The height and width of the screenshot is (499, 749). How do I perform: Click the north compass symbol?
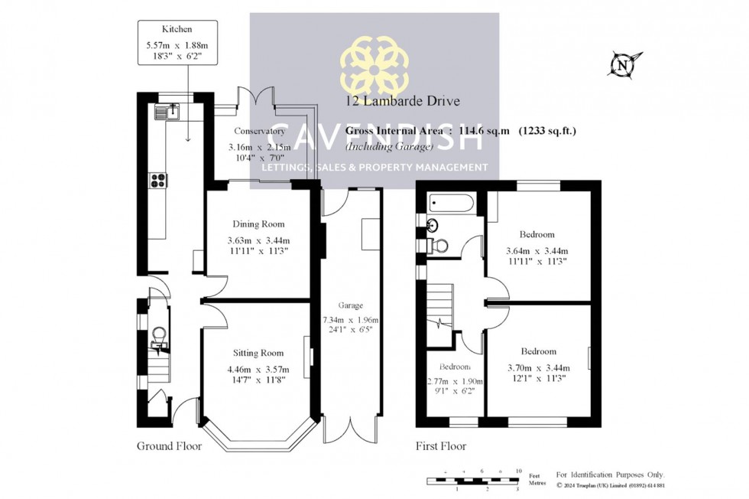[x=624, y=65]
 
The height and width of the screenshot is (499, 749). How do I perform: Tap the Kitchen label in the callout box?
[x=156, y=29]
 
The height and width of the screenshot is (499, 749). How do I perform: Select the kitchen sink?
[x=166, y=113]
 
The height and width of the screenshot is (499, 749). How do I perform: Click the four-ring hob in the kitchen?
[x=159, y=181]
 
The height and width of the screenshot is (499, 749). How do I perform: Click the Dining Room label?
[x=258, y=224]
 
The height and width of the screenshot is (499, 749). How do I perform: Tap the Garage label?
[x=351, y=305]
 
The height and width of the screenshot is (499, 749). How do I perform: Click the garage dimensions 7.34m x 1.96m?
[x=351, y=320]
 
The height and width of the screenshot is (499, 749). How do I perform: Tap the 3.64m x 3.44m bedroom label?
[x=537, y=250]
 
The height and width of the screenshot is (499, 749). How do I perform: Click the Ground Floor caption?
[x=169, y=446]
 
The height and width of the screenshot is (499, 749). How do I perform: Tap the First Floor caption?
[x=440, y=446]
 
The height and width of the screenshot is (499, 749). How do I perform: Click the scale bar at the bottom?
[x=472, y=481]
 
